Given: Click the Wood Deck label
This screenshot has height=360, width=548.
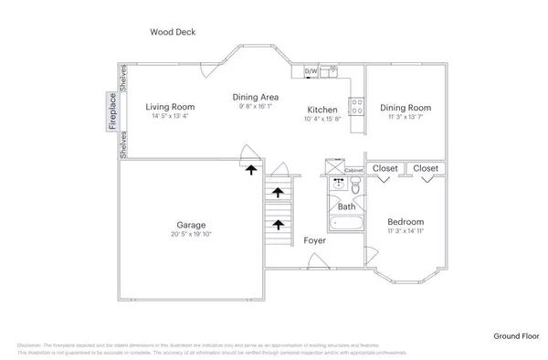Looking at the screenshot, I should tap(173, 32).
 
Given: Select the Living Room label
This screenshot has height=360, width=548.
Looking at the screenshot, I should tap(171, 107).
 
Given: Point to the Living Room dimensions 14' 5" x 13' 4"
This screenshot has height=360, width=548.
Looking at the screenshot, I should tap(171, 117).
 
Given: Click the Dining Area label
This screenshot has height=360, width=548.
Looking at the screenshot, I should tap(255, 97).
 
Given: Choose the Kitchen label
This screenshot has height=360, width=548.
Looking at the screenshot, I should tap(322, 109).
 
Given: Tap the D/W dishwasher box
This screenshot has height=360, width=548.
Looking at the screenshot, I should tap(311, 71).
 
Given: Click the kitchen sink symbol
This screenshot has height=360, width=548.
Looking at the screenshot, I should tap(333, 70).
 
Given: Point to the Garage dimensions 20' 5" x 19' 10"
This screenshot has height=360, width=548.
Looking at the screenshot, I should tap(191, 234).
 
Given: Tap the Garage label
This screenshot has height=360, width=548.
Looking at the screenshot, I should tap(191, 224).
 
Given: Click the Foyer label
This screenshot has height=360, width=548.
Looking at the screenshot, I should tap(315, 240).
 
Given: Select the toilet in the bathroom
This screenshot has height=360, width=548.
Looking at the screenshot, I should tap(356, 186).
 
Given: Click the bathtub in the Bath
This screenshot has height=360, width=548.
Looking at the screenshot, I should tap(346, 223).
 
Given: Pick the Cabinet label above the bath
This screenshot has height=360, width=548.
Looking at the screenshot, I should tap(353, 170).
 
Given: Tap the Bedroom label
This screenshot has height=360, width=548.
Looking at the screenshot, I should tap(405, 222).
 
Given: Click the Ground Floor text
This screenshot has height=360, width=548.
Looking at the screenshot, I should tap(516, 336).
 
